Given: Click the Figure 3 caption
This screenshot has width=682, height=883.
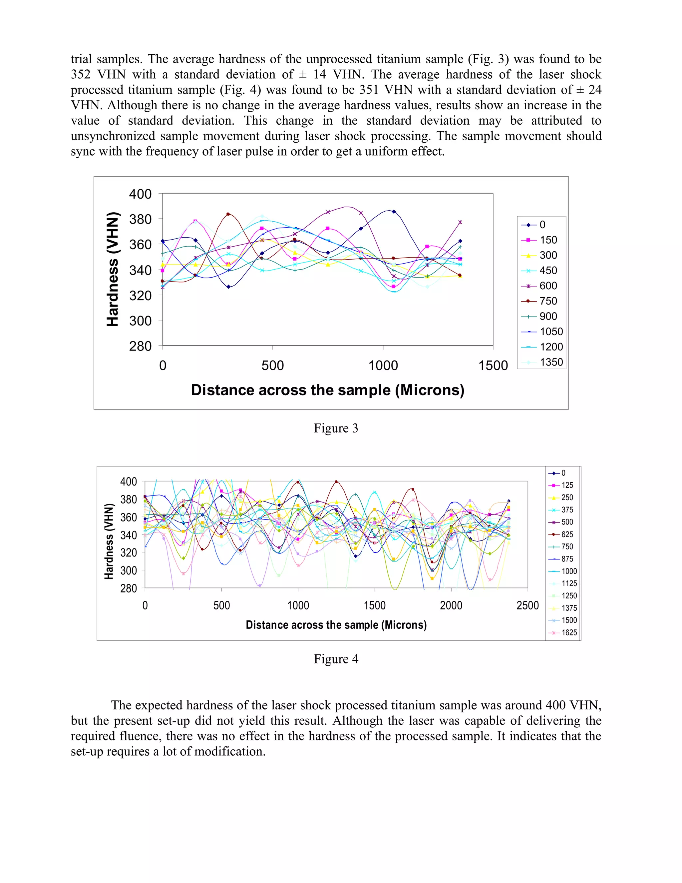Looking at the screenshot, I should point(336,428).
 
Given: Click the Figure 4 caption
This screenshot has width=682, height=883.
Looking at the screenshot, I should point(336,659).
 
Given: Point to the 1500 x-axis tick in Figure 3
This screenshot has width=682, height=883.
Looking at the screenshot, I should point(493,366).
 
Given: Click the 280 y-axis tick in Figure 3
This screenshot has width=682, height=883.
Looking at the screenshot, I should point(140,346).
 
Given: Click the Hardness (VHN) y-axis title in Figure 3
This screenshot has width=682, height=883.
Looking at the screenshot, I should point(113,269).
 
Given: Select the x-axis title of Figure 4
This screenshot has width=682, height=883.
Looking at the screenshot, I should point(336,625).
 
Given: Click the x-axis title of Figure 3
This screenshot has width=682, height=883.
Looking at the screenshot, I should point(328,390).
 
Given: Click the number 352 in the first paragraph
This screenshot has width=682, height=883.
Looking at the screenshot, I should point(81,74).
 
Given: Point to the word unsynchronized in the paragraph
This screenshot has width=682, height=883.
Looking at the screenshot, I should point(112,136).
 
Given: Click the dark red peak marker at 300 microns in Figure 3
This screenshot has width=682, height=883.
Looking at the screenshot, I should point(228,214).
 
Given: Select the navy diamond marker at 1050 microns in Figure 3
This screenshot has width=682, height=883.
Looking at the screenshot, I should point(394,212).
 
